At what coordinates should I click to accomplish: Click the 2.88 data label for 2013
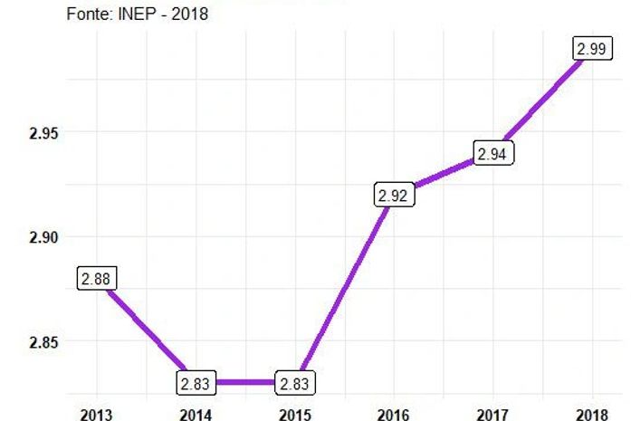tap(96, 279)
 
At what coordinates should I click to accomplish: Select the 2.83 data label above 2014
tap(195, 383)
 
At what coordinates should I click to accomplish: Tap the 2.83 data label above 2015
tap(294, 383)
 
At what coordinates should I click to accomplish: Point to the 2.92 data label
tap(393, 195)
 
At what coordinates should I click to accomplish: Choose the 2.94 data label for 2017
tap(492, 154)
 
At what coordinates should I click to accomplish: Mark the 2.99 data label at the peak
tap(591, 49)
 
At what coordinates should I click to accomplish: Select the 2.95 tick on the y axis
tap(43, 133)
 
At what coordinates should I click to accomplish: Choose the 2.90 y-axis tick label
tap(43, 237)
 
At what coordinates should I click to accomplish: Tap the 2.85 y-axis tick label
tap(43, 342)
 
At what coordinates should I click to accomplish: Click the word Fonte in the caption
tap(90, 14)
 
